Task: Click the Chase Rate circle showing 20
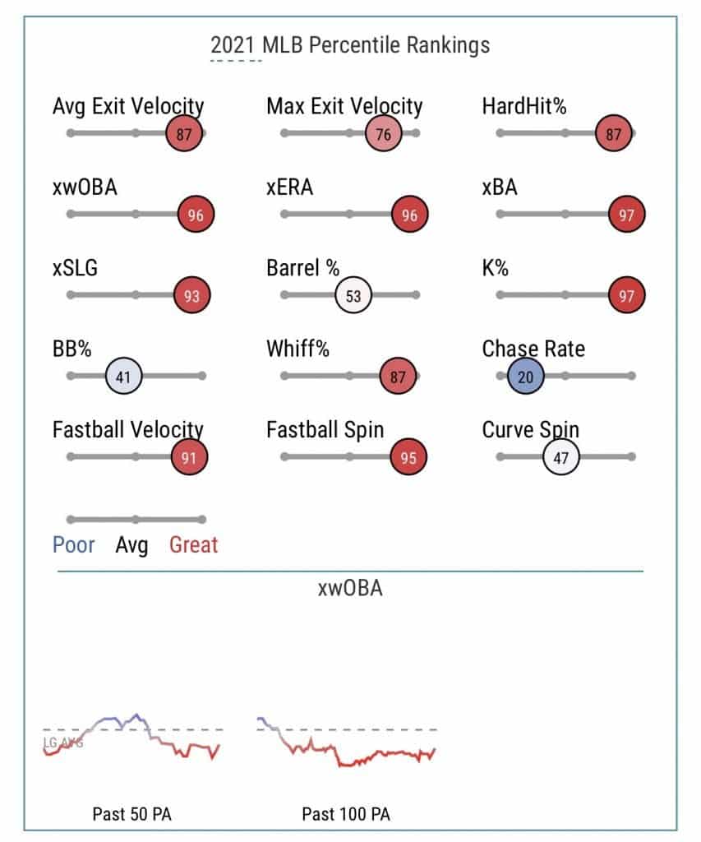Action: [x=526, y=377]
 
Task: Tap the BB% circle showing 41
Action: [x=125, y=377]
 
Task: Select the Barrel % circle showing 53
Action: [x=353, y=296]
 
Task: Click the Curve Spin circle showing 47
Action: [x=561, y=458]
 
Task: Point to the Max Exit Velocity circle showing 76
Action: [x=383, y=134]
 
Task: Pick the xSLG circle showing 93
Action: [x=191, y=296]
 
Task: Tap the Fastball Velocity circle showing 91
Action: [x=189, y=458]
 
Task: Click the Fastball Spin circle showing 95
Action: [x=408, y=458]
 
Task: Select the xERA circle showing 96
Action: [x=410, y=215]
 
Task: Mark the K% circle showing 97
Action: [x=627, y=296]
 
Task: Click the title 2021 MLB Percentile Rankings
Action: [x=350, y=44]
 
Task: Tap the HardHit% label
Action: [x=524, y=106]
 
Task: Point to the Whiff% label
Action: [x=297, y=349]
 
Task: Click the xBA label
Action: [x=500, y=187]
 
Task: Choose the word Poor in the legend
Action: [x=74, y=544]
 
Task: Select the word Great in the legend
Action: [x=194, y=544]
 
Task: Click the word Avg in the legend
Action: [x=131, y=544]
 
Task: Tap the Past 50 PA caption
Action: [x=131, y=814]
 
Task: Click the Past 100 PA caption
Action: [x=346, y=814]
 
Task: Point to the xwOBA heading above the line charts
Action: [x=350, y=590]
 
